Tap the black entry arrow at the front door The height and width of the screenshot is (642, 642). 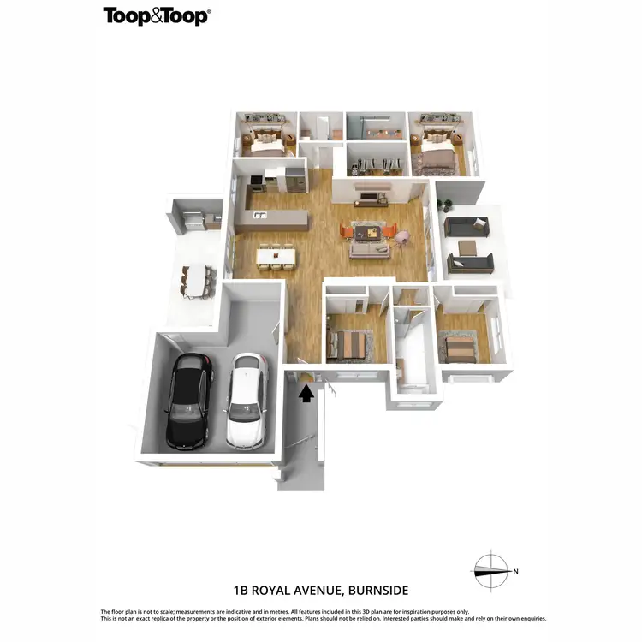306,393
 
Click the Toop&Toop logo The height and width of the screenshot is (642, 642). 157,15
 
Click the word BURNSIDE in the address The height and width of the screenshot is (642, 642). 375,591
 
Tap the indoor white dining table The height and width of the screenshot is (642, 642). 275,255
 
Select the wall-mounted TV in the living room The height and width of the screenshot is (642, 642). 370,199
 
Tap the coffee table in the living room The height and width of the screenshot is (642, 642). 370,231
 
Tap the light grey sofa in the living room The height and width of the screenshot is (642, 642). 369,249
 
